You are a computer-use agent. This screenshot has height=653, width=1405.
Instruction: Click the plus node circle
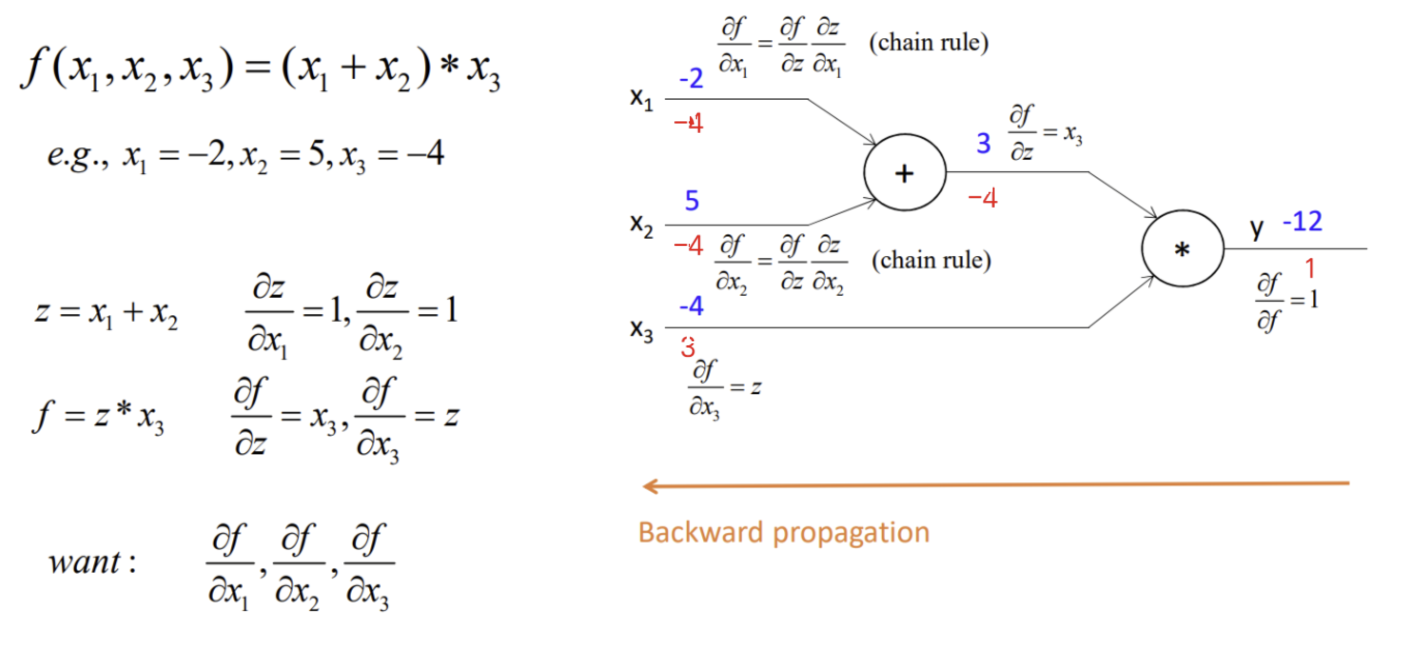click(x=905, y=172)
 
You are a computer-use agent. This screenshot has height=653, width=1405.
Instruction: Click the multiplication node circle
click(x=1183, y=249)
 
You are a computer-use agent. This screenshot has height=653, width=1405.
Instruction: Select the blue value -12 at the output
click(x=1302, y=221)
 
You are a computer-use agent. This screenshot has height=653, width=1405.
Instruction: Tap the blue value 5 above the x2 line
click(x=691, y=200)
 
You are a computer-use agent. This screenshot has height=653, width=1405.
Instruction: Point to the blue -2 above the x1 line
click(x=690, y=78)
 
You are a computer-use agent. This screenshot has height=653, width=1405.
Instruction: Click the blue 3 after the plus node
click(x=983, y=143)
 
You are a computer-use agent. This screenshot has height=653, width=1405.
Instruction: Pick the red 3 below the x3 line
click(x=688, y=348)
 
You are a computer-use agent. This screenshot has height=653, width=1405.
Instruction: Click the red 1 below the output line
click(x=1310, y=268)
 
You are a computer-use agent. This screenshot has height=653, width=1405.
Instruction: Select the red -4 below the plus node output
click(x=982, y=198)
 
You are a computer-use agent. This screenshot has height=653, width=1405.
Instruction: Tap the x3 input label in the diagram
click(x=641, y=330)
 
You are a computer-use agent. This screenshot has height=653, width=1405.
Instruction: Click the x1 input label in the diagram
click(x=641, y=99)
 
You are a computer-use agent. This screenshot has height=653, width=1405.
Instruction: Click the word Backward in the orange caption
click(x=700, y=533)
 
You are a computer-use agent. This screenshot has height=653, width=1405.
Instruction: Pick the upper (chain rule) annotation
click(x=928, y=43)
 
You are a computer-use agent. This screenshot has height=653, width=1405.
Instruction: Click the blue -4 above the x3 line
click(x=691, y=305)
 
